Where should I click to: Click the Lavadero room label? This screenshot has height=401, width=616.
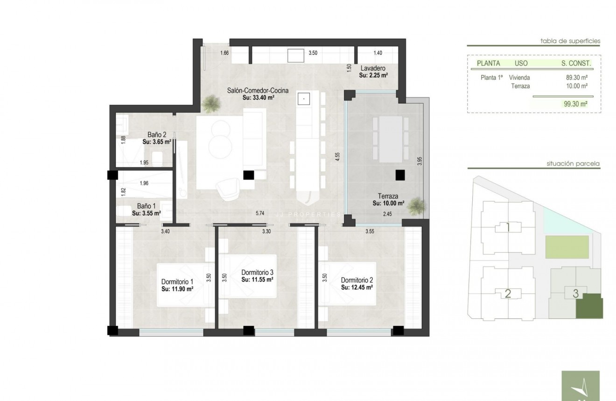click(372, 68)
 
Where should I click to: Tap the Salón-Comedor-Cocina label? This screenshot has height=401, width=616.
click(258, 91)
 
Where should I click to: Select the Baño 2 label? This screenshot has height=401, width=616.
click(154, 134)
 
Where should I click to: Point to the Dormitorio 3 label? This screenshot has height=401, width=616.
click(257, 272)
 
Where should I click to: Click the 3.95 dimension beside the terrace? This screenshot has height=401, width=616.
click(420, 162)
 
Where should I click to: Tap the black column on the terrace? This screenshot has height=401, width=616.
click(399, 175)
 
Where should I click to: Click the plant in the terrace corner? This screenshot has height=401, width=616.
click(418, 205)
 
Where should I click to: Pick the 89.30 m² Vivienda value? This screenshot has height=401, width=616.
click(576, 78)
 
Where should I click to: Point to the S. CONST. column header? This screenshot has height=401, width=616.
click(576, 63)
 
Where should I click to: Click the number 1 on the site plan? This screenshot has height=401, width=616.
click(508, 228)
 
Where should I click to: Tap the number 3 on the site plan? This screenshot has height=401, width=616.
click(575, 294)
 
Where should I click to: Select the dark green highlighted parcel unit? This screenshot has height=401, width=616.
click(589, 307)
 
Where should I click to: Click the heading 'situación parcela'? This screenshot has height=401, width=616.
click(573, 164)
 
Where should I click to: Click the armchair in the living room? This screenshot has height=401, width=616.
click(227, 187)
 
